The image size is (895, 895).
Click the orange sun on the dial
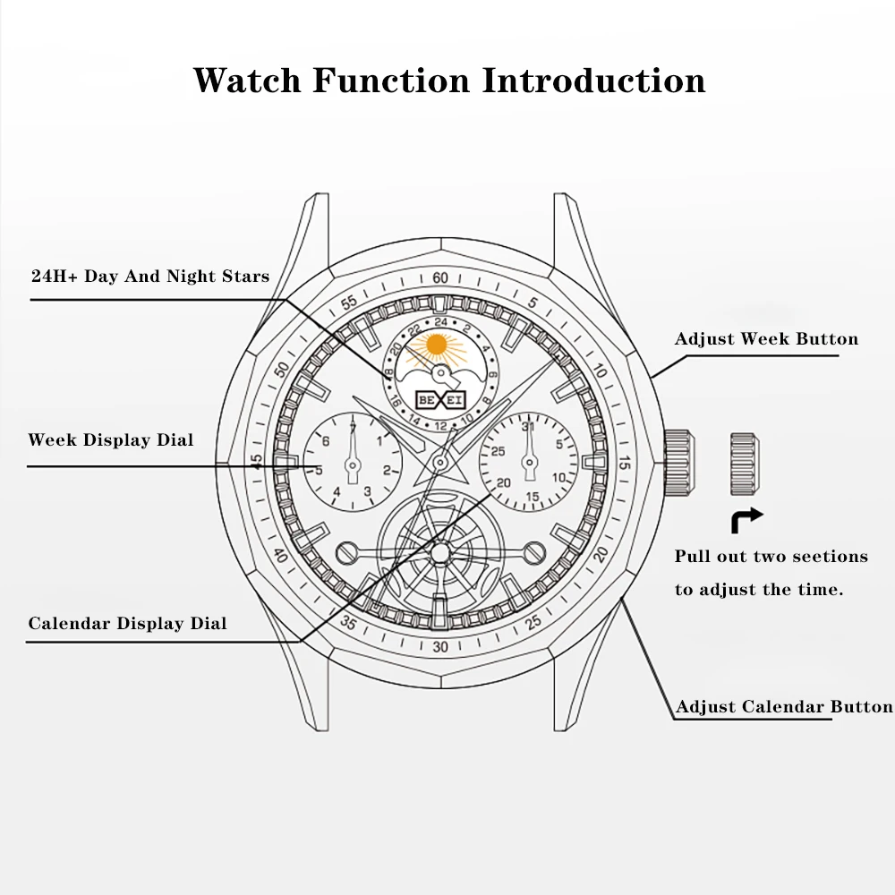[x=437, y=345]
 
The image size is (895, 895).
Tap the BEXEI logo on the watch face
[x=440, y=400]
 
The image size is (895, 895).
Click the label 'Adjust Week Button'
[x=767, y=338]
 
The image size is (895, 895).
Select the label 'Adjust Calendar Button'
[x=784, y=707]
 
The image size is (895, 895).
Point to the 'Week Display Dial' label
[x=111, y=439]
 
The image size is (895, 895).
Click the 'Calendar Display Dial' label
[x=127, y=623]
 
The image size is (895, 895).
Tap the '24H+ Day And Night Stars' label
[x=150, y=277]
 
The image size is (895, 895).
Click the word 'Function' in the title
[x=391, y=80]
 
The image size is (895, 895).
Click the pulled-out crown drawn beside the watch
[x=745, y=464]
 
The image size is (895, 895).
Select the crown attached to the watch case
[x=678, y=464]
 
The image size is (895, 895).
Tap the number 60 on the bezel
[x=440, y=278]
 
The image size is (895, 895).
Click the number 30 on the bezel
[x=440, y=647]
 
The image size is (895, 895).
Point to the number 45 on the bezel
[x=257, y=461]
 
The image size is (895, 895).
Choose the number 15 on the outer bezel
[x=624, y=463]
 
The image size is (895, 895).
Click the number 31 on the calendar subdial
[x=528, y=426]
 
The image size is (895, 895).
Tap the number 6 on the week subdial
[x=326, y=440]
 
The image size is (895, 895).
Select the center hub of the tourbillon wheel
[x=440, y=552]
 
